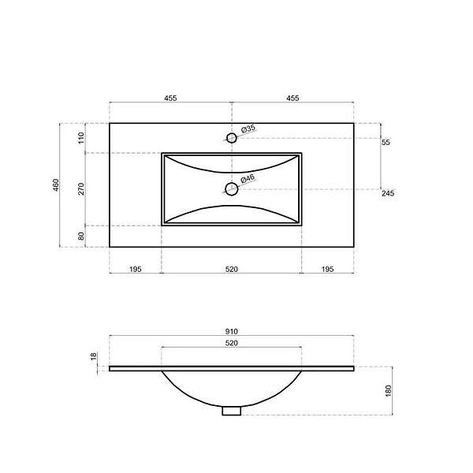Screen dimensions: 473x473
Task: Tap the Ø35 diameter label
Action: click(x=248, y=128)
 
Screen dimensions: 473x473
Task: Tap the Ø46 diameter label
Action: click(x=248, y=179)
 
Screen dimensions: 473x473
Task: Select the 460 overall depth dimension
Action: click(x=56, y=185)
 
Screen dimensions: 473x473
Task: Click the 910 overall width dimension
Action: click(x=231, y=332)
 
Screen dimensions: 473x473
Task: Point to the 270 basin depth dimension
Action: click(x=81, y=189)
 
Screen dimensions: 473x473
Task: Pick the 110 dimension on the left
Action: click(x=81, y=138)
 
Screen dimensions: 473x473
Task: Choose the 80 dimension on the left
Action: click(x=81, y=236)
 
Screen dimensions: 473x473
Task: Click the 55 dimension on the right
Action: click(x=385, y=142)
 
